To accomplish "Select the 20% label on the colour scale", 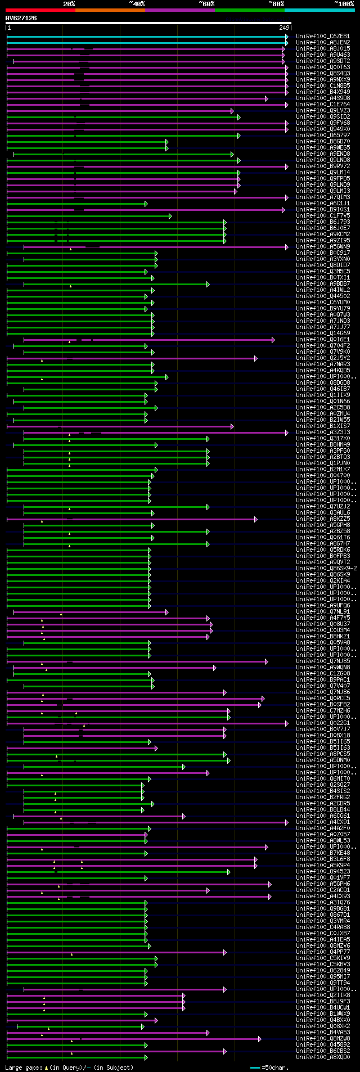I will [x=69, y=4].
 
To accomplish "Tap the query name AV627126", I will [x=21, y=18].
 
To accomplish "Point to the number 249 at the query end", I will [x=284, y=28].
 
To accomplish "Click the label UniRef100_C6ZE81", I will [x=323, y=36].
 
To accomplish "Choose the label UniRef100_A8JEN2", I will [x=323, y=42].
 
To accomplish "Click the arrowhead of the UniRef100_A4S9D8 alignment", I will [x=267, y=98].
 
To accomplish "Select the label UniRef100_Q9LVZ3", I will [x=323, y=111].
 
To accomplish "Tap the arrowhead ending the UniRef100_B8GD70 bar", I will [x=167, y=142].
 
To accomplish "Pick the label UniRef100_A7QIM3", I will [x=323, y=197].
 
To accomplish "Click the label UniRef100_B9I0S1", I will [x=323, y=210].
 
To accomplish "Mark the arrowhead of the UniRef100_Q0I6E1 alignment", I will [x=273, y=340].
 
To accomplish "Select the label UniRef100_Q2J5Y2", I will [x=323, y=358].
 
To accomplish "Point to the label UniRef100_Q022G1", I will [x=323, y=723].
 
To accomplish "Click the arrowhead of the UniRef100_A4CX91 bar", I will [x=287, y=822].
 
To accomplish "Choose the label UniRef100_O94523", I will [x=323, y=872].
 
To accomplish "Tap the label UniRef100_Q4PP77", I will [x=323, y=952].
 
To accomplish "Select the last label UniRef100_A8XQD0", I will [x=323, y=1057].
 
